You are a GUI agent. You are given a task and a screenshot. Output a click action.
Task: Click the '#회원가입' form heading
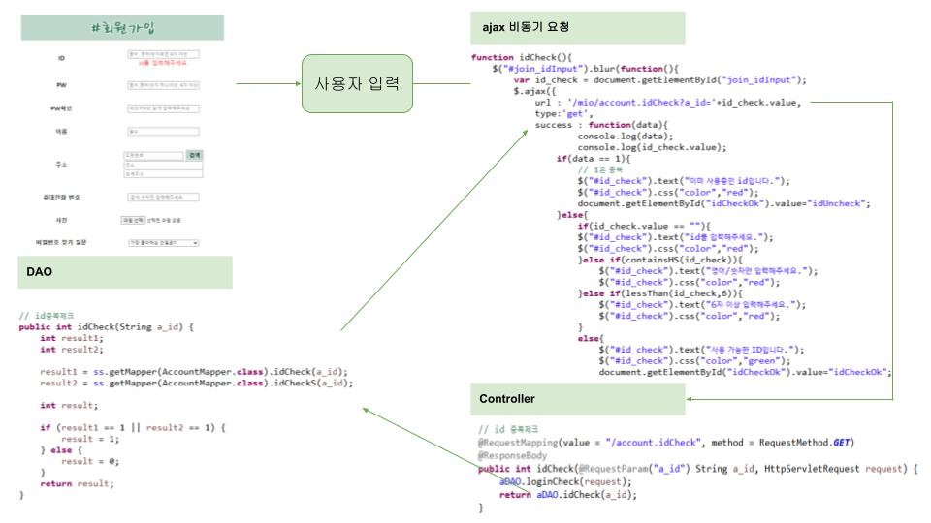coord(126,28)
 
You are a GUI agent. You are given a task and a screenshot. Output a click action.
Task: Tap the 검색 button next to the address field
coord(195,155)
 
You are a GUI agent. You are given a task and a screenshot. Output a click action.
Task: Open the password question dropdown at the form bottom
coord(162,242)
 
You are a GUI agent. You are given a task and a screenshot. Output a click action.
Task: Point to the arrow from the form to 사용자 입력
coord(268,83)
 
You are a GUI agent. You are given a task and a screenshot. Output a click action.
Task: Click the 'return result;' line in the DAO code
coord(77,482)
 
